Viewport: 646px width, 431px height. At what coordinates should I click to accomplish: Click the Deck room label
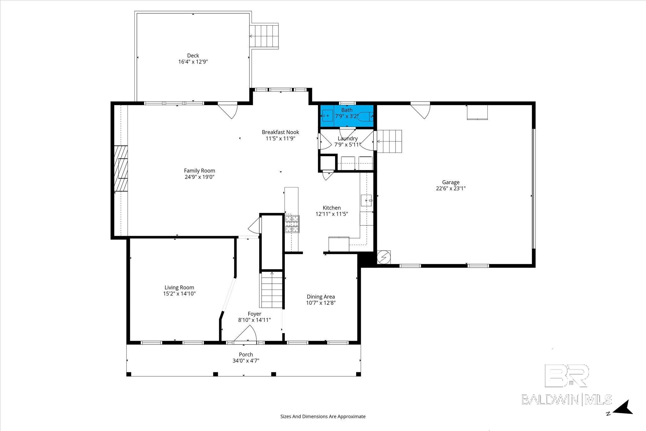[193, 56]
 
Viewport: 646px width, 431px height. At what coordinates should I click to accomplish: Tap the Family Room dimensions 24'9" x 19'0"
[200, 177]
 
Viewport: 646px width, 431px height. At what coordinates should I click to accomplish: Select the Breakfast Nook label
[280, 132]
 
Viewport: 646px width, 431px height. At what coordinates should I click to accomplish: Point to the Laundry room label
[348, 139]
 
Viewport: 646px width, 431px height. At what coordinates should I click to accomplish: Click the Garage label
[451, 182]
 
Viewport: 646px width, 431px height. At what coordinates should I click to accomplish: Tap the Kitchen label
[332, 208]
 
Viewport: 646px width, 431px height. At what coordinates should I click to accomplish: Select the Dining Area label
[321, 297]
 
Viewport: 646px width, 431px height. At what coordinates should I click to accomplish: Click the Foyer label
[254, 314]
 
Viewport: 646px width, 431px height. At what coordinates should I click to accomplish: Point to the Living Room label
[179, 287]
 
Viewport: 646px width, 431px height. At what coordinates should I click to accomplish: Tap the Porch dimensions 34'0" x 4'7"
[246, 361]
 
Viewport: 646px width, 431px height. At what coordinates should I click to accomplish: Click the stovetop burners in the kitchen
[292, 224]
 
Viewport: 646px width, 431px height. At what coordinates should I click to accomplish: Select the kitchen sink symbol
[367, 200]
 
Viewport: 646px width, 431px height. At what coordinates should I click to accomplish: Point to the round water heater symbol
[384, 257]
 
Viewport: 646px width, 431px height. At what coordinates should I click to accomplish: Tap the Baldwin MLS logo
[567, 385]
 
